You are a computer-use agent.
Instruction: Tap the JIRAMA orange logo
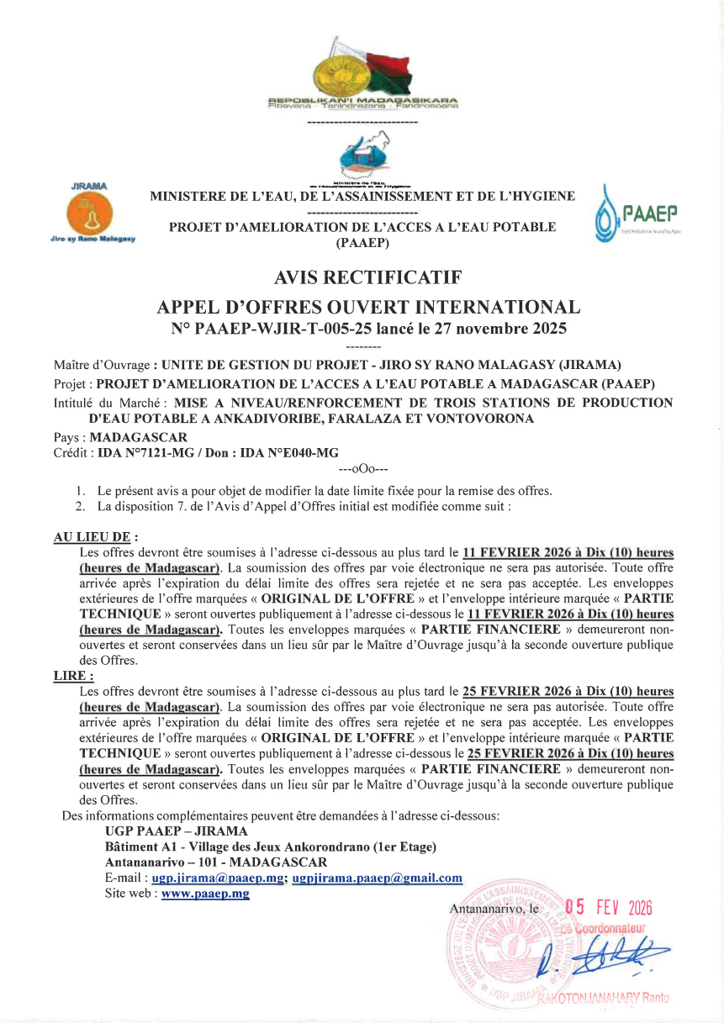[x=92, y=214]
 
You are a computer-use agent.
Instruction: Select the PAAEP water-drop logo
[x=636, y=221]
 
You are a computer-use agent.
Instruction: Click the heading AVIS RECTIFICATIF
[x=368, y=277]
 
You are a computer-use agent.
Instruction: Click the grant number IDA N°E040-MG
[x=288, y=452]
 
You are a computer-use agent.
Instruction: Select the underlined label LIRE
[x=72, y=676]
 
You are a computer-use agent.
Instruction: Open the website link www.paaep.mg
[x=205, y=894]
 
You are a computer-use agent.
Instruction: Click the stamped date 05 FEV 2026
[x=608, y=909]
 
